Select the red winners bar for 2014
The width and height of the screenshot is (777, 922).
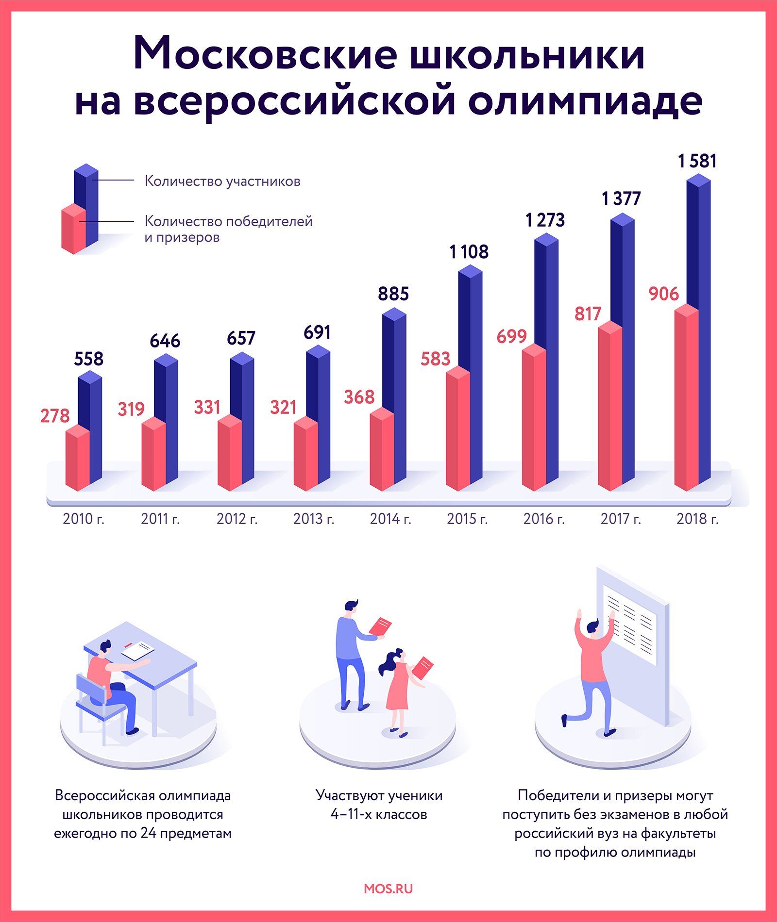click(x=382, y=449)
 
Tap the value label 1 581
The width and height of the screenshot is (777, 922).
click(x=697, y=161)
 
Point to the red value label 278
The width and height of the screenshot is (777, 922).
click(x=55, y=416)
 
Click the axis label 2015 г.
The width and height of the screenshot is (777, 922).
click(x=467, y=519)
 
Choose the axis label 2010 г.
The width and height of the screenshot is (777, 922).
click(x=84, y=519)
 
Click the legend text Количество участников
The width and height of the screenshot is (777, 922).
click(x=222, y=181)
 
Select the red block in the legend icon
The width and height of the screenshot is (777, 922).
click(x=73, y=229)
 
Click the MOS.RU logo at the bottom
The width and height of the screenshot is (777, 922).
click(x=388, y=889)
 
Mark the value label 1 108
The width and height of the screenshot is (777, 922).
click(x=469, y=252)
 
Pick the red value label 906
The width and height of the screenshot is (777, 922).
click(x=664, y=294)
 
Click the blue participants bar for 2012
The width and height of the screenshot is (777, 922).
click(x=242, y=417)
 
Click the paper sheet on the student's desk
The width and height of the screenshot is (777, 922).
click(x=138, y=650)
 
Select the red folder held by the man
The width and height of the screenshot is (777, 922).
click(x=380, y=626)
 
